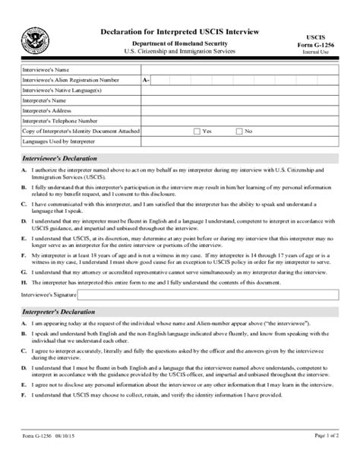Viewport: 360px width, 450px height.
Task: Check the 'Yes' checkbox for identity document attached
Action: tap(197, 131)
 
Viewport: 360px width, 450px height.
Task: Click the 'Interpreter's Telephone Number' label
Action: tap(60, 120)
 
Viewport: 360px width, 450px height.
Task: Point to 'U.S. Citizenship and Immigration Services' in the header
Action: tap(180, 51)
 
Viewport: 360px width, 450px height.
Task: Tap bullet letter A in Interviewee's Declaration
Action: tap(24, 172)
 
